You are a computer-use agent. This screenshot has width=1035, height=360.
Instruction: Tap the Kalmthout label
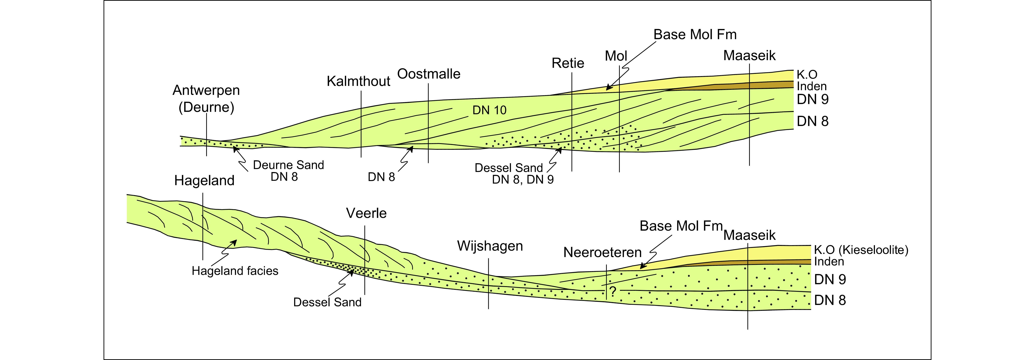tap(358, 81)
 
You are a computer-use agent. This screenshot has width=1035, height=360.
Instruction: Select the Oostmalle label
tap(429, 74)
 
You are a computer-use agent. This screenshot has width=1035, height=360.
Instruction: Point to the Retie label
tap(568, 63)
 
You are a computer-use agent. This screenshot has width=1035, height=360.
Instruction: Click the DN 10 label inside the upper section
tap(489, 110)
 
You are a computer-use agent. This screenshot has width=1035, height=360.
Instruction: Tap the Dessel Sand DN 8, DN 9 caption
tap(514, 174)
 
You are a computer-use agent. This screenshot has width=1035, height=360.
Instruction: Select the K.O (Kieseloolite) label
tap(861, 250)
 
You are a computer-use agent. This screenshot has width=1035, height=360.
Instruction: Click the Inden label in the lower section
tap(829, 262)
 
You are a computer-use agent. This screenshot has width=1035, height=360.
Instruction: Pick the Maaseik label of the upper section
tap(749, 55)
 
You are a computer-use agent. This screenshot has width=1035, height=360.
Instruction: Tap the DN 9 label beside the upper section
tap(812, 99)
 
